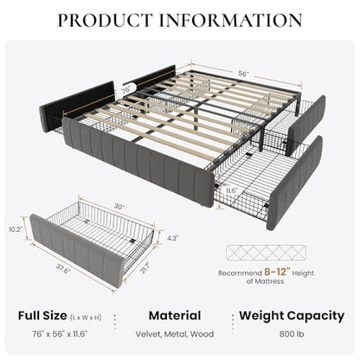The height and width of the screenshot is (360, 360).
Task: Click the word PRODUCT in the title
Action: point(106,20)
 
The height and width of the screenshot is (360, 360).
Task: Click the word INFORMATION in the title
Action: point(231,20)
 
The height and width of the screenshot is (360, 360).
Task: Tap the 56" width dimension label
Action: point(244,74)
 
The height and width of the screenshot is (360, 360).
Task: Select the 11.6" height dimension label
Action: point(231,191)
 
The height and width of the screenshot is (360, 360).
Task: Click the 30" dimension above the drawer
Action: point(119,207)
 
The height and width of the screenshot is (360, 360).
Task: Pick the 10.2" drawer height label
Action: point(16,229)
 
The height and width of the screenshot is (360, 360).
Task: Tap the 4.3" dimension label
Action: point(173,238)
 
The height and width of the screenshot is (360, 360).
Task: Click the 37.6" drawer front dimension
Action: point(63,270)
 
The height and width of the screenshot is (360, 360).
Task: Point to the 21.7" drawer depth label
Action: point(145,270)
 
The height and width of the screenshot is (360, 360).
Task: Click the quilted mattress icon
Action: point(266,253)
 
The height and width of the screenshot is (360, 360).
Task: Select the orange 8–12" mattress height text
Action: point(277,272)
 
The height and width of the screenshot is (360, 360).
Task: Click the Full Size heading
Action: point(42,316)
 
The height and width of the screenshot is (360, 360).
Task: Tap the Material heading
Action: point(175,316)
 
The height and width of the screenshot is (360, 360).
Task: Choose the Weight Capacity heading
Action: point(292,316)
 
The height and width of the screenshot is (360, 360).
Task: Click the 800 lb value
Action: point(292,334)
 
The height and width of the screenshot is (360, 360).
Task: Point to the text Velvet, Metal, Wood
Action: point(175,334)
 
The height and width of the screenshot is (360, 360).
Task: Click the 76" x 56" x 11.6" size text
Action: point(60,334)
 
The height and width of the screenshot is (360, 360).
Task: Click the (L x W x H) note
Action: point(86,318)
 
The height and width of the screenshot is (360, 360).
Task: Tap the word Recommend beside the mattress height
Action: point(240,273)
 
